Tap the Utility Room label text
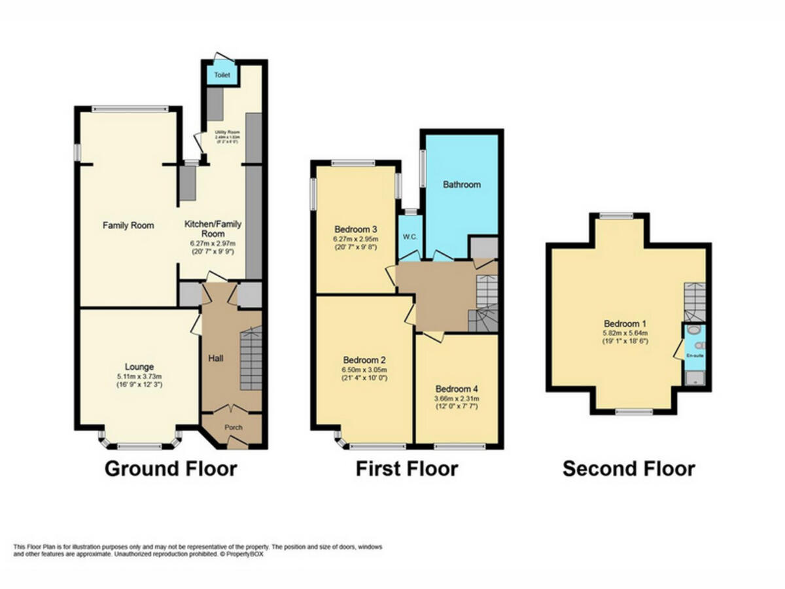[228, 132]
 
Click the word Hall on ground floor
[216, 358]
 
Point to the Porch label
[234, 427]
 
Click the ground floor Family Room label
[128, 226]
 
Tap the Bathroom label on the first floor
[461, 185]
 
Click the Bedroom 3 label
[356, 230]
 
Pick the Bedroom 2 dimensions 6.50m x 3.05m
[364, 370]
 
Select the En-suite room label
[694, 355]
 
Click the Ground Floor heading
[171, 469]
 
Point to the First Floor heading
[406, 469]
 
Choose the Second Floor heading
[629, 469]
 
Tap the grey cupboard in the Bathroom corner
[484, 248]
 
